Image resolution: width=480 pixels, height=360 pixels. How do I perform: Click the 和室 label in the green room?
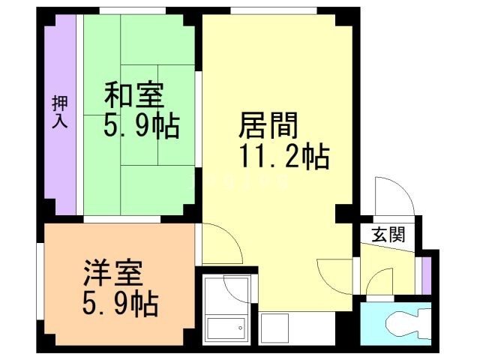134,96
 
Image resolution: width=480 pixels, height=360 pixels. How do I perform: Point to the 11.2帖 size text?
283,157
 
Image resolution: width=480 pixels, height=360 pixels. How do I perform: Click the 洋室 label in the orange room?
110,273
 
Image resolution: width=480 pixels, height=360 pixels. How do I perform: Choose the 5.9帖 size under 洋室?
119,303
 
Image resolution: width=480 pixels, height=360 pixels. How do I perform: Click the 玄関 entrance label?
388,235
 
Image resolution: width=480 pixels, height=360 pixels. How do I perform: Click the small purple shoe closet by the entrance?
426,274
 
